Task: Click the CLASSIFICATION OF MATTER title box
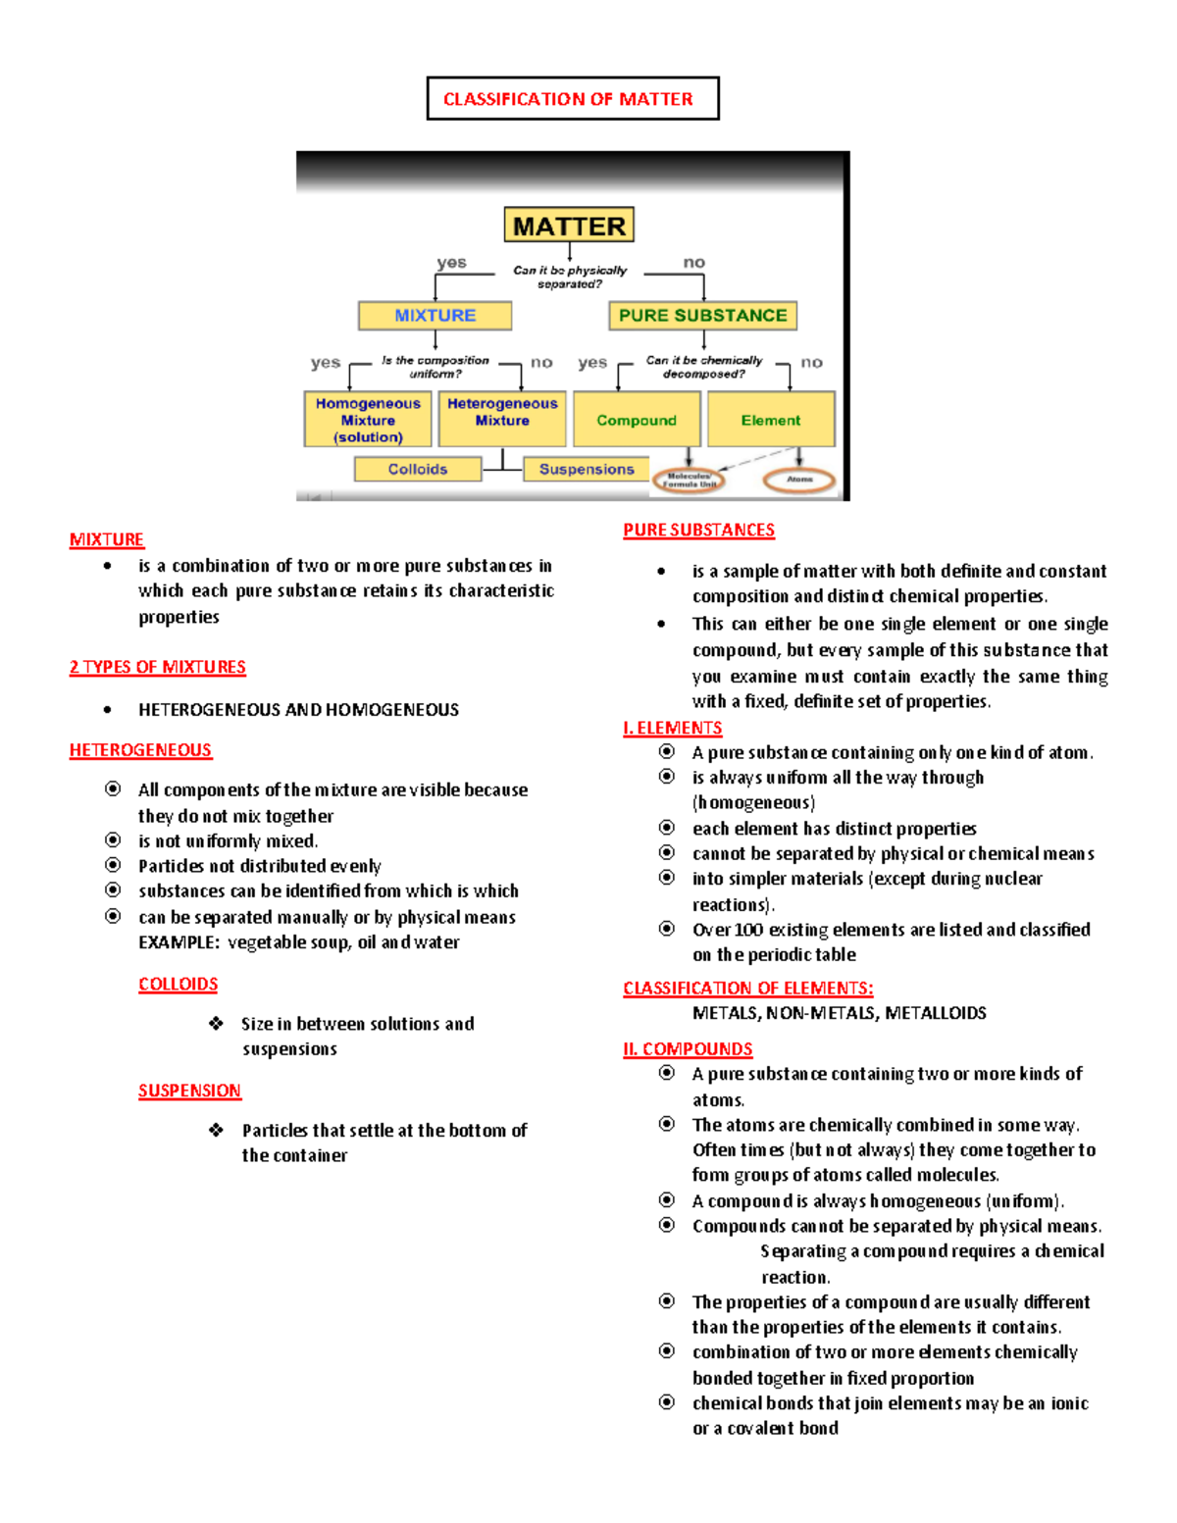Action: [x=573, y=99]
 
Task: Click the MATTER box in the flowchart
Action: [x=569, y=226]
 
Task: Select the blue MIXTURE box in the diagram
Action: [x=435, y=316]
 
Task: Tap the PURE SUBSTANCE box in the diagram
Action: [x=702, y=316]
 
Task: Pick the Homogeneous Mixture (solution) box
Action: [x=368, y=420]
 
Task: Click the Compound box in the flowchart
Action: [x=637, y=420]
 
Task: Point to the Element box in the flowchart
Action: [x=771, y=420]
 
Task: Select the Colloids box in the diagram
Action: [x=418, y=470]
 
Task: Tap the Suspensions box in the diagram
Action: [x=587, y=470]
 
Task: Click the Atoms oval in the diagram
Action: [x=799, y=481]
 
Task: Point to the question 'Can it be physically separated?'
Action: [x=570, y=277]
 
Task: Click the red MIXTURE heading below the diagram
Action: [x=107, y=539]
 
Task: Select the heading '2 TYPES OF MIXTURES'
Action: [x=157, y=667]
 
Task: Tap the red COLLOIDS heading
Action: [x=178, y=985]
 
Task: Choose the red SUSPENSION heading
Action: [x=189, y=1091]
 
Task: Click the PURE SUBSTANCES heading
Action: [x=698, y=531]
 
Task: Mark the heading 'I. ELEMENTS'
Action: [x=672, y=728]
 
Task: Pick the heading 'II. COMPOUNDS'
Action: [x=688, y=1049]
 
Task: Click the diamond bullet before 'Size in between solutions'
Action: [x=216, y=1023]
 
